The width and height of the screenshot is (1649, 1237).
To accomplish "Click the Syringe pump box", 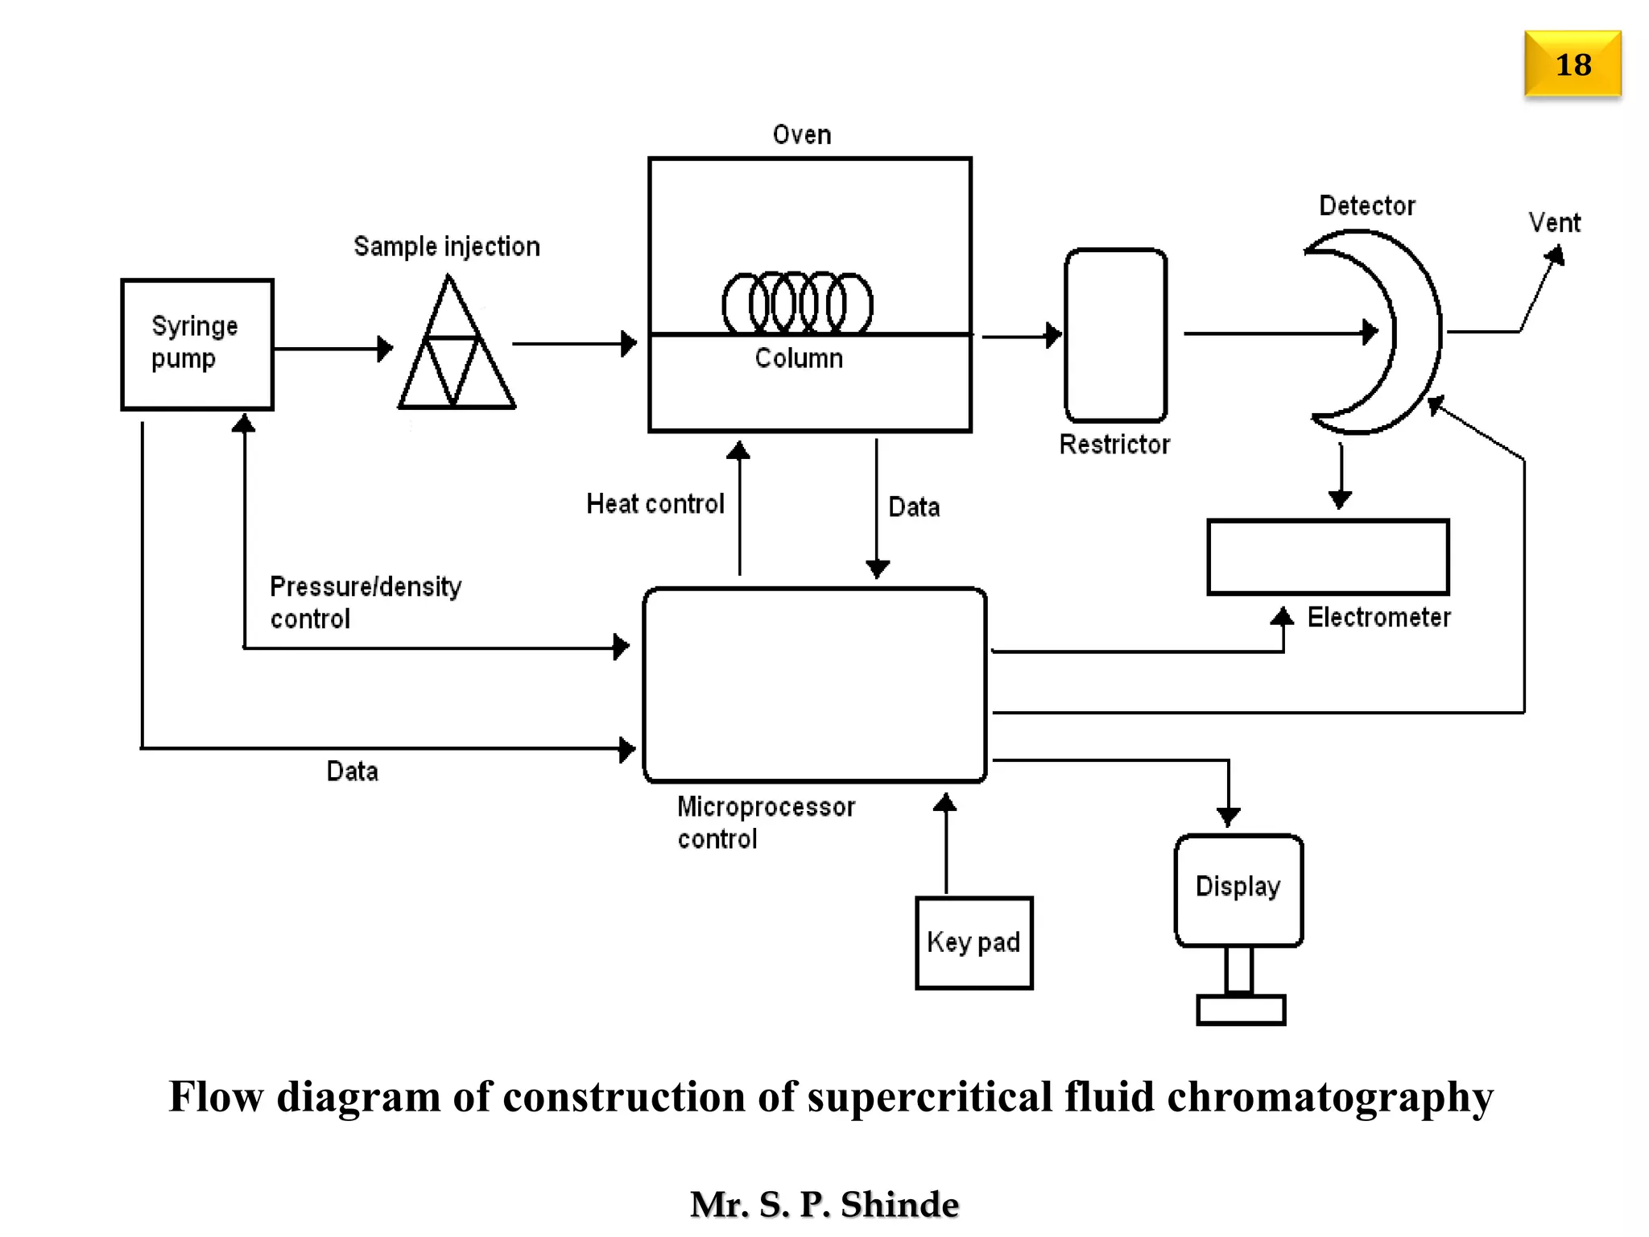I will point(197,345).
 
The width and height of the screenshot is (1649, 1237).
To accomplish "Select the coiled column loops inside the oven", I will point(797,304).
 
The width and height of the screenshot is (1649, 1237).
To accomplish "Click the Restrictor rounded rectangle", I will point(1115,335).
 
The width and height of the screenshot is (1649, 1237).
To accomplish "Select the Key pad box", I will point(973,942).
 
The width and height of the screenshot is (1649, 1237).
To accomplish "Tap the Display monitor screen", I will point(1238,889).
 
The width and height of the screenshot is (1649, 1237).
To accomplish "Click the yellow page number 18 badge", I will point(1572,64).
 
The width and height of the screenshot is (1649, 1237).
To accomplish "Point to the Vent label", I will point(1554,223).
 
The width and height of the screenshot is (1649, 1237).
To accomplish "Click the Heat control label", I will point(655,504).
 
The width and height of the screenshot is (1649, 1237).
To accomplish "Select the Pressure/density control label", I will point(365,602).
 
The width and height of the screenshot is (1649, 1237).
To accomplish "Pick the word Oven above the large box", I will point(801,134).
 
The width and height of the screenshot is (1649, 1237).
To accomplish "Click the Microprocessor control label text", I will point(765,822).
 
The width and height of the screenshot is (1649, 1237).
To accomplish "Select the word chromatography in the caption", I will point(1330,1097).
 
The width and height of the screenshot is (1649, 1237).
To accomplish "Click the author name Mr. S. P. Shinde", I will point(824,1204).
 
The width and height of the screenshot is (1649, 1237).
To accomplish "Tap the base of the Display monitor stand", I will point(1240,1009).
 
